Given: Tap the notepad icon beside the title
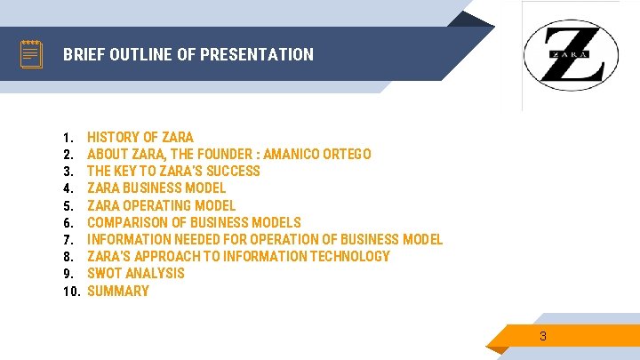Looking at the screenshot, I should [x=31, y=54].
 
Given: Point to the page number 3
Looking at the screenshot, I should [x=543, y=336].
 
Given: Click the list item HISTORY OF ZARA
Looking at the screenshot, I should [x=140, y=137].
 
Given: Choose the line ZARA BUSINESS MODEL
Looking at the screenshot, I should [x=156, y=188].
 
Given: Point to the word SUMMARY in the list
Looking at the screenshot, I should [x=118, y=291].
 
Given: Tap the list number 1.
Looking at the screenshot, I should [x=68, y=137].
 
